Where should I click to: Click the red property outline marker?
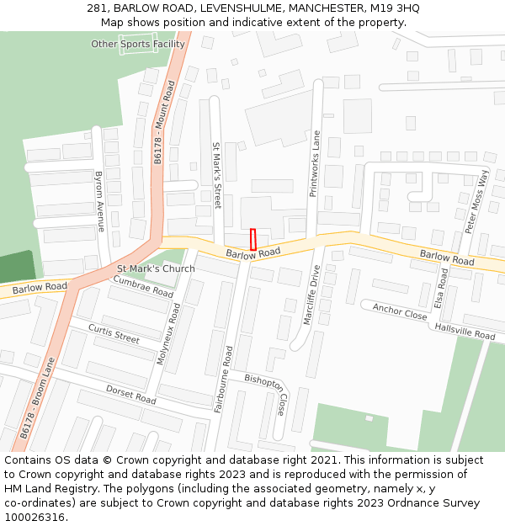(x=253, y=239)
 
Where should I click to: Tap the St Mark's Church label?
(x=156, y=269)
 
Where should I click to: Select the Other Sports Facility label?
(x=138, y=44)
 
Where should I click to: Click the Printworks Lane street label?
(x=316, y=163)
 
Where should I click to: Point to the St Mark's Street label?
(x=216, y=174)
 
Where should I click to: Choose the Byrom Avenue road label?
(x=99, y=201)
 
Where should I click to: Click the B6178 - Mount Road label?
(x=164, y=122)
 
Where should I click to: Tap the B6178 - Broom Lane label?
(x=37, y=399)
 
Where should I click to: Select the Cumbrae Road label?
(x=143, y=286)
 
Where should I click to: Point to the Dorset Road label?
(x=130, y=394)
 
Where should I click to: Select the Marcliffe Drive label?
(x=311, y=295)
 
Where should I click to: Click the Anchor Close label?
(x=400, y=311)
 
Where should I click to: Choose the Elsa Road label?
(x=441, y=288)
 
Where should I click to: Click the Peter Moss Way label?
(x=476, y=202)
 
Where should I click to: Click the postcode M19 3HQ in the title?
(x=396, y=8)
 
